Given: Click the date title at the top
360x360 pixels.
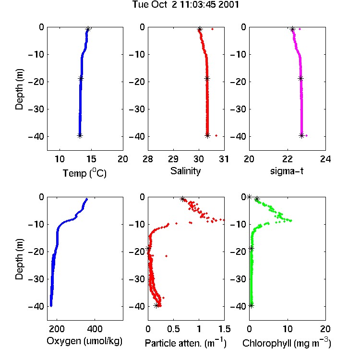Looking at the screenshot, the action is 185,4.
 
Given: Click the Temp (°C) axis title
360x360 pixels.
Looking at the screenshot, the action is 84,173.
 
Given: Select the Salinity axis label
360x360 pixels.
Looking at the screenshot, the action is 185,171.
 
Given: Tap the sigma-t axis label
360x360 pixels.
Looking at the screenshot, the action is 287,171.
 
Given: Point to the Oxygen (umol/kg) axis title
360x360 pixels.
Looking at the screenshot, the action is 84,341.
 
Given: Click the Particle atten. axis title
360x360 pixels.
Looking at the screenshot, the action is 186,343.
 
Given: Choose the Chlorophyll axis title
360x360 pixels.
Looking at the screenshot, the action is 287,343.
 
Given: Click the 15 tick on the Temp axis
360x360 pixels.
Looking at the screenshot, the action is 91,159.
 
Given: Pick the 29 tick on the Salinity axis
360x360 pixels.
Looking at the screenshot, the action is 173,159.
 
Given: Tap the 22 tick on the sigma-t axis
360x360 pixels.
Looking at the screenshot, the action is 287,159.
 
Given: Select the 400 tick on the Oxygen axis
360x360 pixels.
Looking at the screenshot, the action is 95,329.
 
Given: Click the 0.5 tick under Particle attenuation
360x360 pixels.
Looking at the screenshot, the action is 173,329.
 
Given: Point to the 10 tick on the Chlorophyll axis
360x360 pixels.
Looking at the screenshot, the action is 287,329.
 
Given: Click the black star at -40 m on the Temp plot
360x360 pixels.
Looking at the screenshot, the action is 80,136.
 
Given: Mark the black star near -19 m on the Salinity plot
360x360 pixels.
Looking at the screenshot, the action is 207,79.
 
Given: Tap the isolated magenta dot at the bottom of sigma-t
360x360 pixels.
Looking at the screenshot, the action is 307,136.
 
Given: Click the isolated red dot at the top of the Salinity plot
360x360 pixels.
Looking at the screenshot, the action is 212,29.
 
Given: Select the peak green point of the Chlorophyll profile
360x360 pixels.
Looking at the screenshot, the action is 291,221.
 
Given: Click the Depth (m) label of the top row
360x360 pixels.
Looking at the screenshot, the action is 19,89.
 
